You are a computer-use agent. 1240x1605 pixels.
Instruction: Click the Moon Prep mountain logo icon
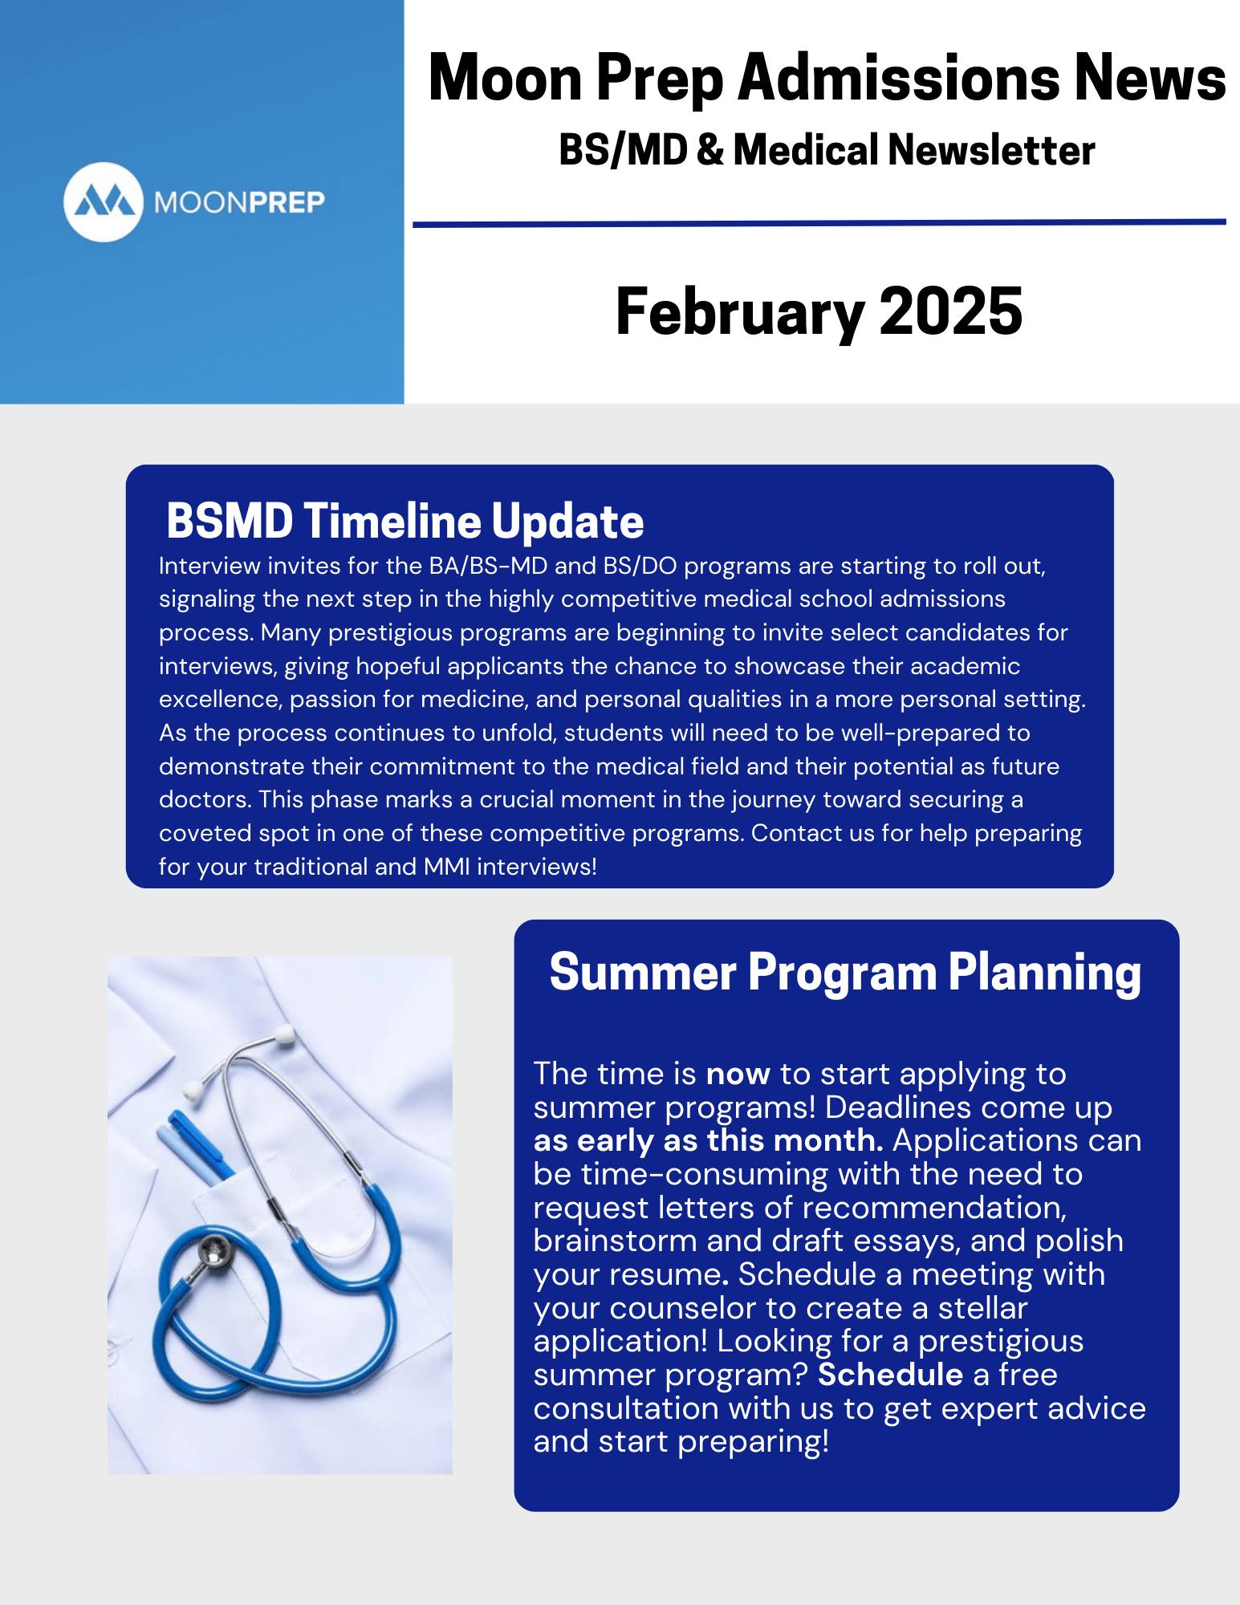coord(104,202)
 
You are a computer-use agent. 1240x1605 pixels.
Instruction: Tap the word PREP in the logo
coord(287,202)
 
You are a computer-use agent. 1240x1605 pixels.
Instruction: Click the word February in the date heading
coord(741,313)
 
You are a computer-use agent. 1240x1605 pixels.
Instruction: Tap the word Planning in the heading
coord(1045,973)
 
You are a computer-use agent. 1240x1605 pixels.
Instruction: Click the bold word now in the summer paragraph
coord(738,1075)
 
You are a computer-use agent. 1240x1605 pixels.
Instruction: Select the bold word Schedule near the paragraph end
coord(890,1375)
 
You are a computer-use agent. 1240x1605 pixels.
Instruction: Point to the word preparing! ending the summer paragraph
coord(754,1443)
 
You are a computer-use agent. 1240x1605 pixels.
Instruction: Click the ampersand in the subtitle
coord(710,150)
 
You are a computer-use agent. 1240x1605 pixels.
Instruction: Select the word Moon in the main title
coord(505,78)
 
